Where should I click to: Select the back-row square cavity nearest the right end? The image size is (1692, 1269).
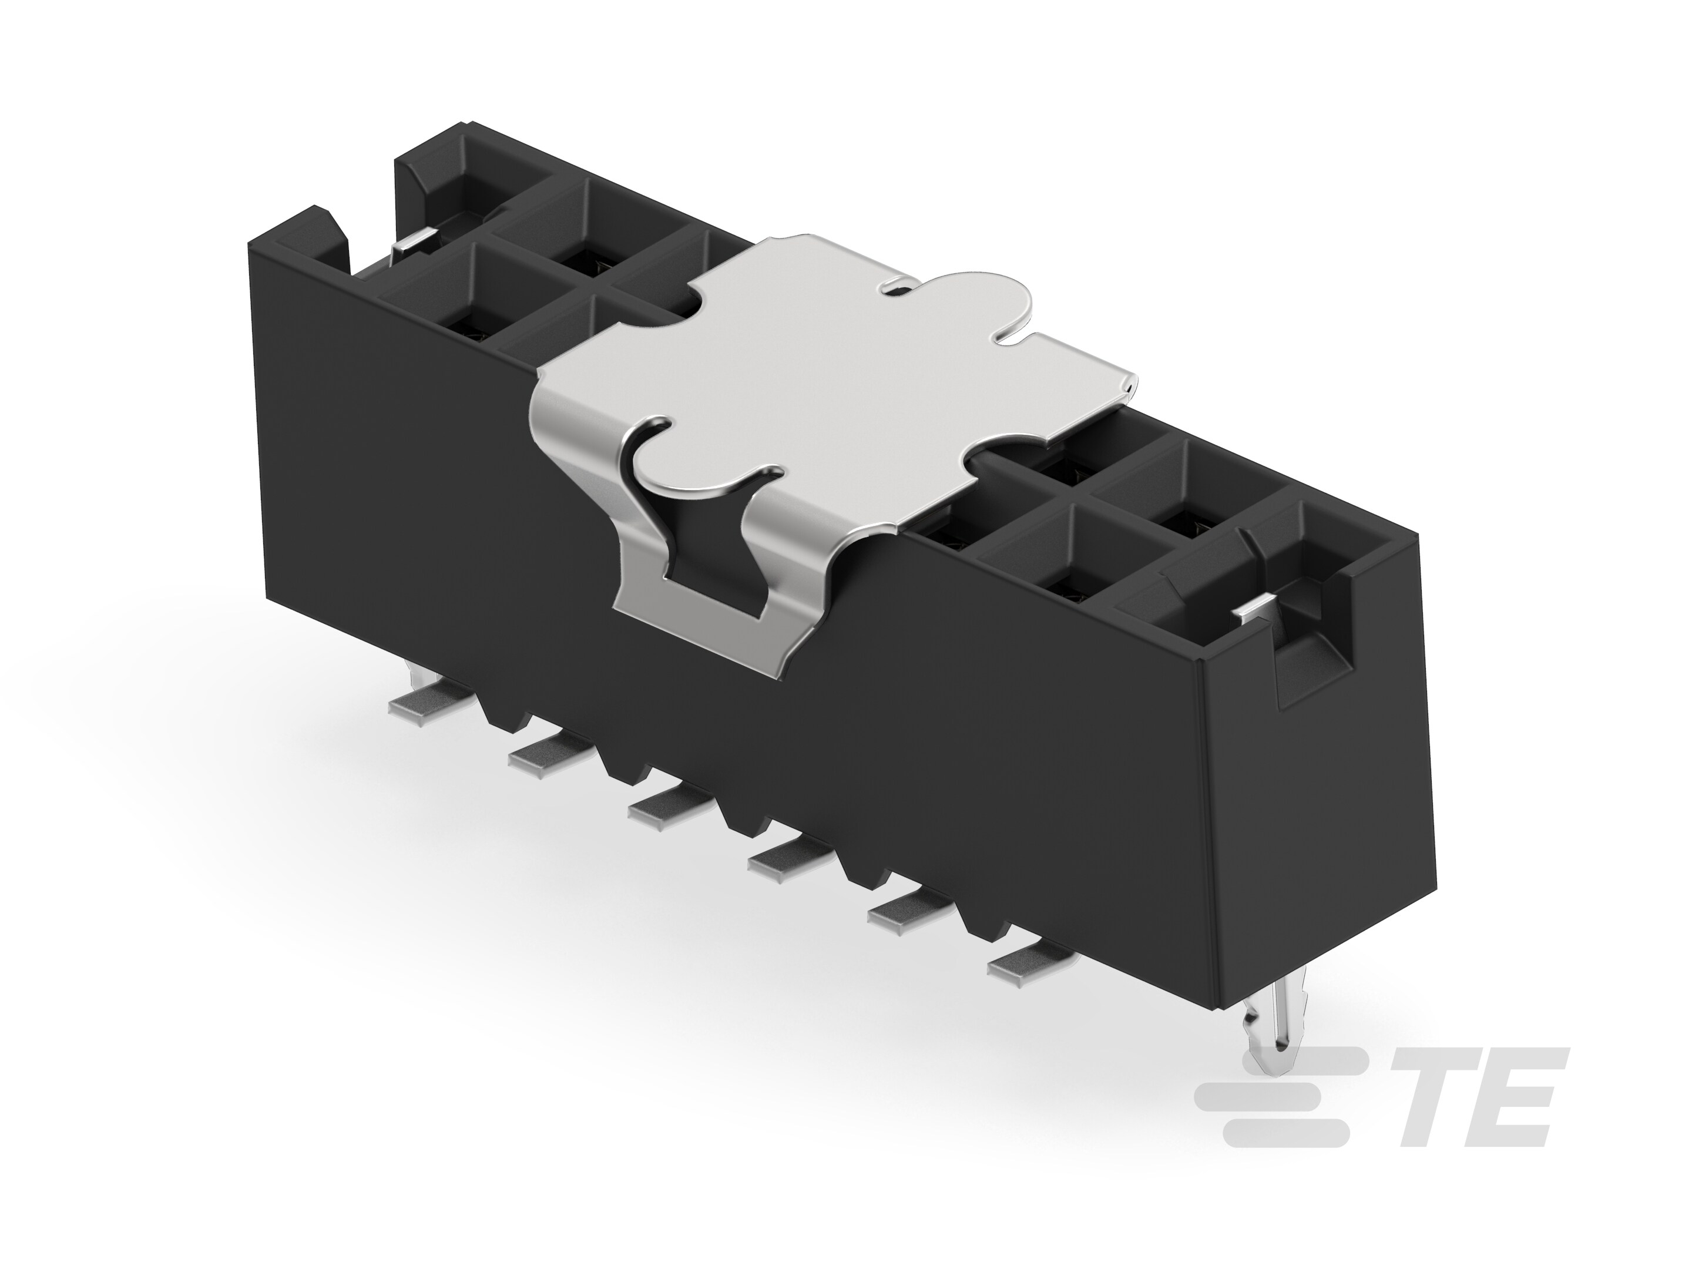tap(1178, 489)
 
